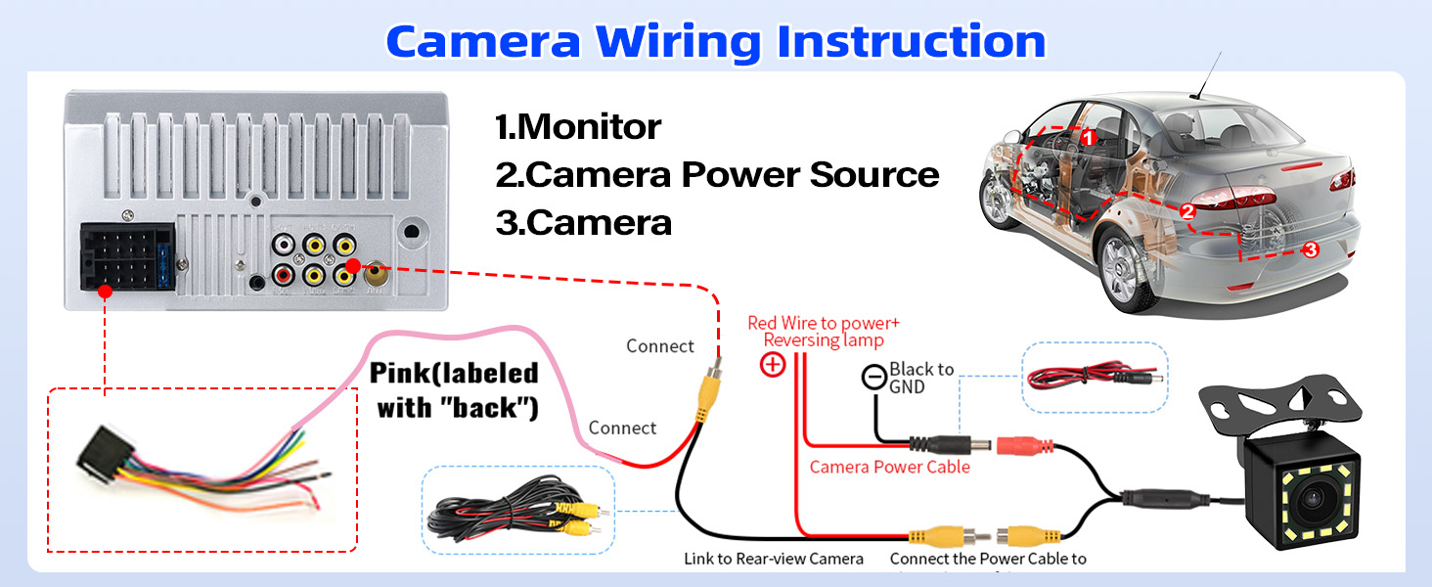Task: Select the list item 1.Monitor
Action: pyautogui.click(x=578, y=126)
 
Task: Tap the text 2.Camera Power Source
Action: pyautogui.click(x=717, y=174)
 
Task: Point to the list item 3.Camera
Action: pyautogui.click(x=584, y=222)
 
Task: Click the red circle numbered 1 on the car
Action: pyautogui.click(x=1088, y=139)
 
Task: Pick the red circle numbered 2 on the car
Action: pyautogui.click(x=1187, y=210)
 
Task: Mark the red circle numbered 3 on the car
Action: pyautogui.click(x=1311, y=249)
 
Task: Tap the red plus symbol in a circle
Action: pyautogui.click(x=773, y=366)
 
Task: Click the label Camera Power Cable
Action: pyautogui.click(x=889, y=467)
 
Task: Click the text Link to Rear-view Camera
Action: pyautogui.click(x=773, y=559)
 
